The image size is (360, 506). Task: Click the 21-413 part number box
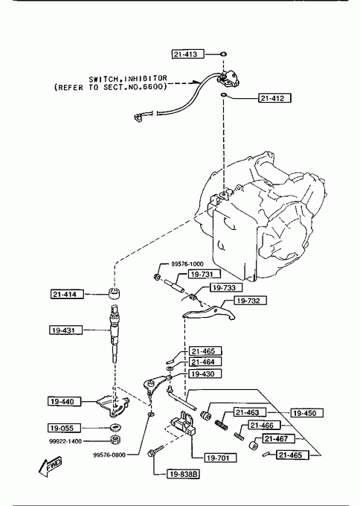tap(187, 54)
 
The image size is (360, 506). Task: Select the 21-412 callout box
tap(274, 97)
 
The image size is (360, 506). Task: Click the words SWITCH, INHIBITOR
tap(128, 79)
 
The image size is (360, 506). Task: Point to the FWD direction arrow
tap(50, 467)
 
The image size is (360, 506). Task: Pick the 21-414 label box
tap(67, 295)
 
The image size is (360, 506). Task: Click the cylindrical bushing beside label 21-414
tap(114, 292)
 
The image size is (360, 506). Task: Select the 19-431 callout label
tap(65, 330)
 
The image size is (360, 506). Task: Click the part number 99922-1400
tap(65, 441)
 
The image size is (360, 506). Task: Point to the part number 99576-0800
tap(109, 455)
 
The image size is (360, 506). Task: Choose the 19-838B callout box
tap(183, 474)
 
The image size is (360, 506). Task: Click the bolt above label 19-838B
tap(155, 450)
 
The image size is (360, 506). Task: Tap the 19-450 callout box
tap(307, 413)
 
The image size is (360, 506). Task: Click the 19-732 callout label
tap(251, 301)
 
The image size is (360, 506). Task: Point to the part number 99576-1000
tap(187, 264)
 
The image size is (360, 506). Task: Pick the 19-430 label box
tap(205, 374)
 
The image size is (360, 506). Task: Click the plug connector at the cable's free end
tap(138, 117)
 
